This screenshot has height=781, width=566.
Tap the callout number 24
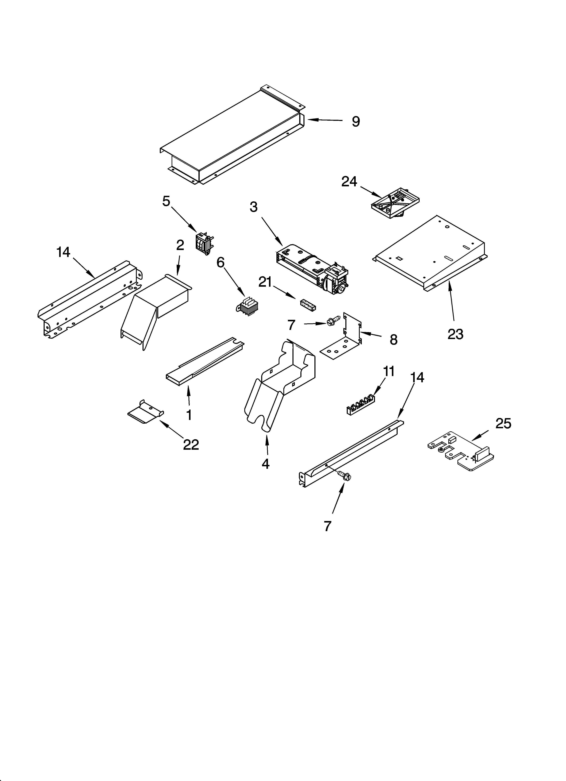[x=349, y=181]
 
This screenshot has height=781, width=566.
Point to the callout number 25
[x=503, y=424]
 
